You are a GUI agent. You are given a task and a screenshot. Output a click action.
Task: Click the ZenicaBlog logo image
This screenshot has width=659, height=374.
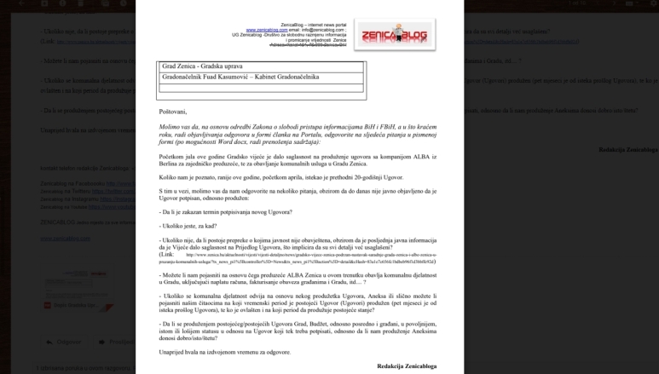pos(393,35)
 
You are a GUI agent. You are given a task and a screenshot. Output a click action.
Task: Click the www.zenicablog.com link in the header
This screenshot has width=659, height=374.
pos(263,30)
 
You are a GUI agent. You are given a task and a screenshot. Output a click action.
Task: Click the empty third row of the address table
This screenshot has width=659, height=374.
pos(262,87)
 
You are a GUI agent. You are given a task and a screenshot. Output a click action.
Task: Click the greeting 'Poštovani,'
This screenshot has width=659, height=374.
pos(172,112)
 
